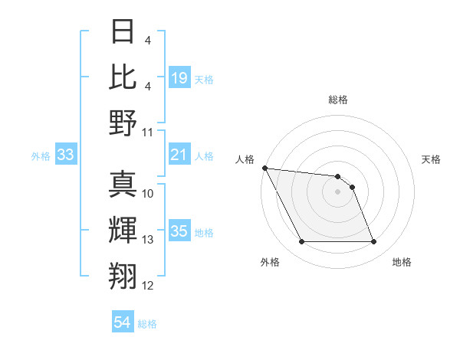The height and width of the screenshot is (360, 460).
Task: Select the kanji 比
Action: pos(123,77)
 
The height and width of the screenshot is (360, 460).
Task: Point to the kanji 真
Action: pos(123,185)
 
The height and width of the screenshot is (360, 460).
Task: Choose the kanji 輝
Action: pos(123,231)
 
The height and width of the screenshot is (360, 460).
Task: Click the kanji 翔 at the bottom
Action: pos(123,275)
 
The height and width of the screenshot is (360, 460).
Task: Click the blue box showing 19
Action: pos(179,77)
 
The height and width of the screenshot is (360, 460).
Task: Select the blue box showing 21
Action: pos(179,155)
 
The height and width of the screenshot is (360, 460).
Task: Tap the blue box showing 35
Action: pos(179,231)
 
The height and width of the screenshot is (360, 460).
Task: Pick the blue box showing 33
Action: pos(66,155)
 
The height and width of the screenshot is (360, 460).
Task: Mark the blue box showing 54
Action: pos(123,322)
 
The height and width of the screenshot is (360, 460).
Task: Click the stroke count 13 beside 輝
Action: pos(148,240)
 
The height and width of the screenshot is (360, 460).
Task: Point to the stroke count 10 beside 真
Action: pos(148,194)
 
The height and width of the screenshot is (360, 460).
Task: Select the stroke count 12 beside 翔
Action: pos(148,286)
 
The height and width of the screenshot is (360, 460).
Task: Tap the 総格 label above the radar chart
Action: pos(338,100)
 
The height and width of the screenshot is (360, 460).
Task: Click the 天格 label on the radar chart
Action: pos(432,159)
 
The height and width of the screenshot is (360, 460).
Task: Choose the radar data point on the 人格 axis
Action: pos(264,168)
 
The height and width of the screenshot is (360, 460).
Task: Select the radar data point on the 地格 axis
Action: pos(373,242)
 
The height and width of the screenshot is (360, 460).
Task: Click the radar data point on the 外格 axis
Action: pos(301,242)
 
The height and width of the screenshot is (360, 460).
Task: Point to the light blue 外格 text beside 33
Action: pos(41,155)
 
